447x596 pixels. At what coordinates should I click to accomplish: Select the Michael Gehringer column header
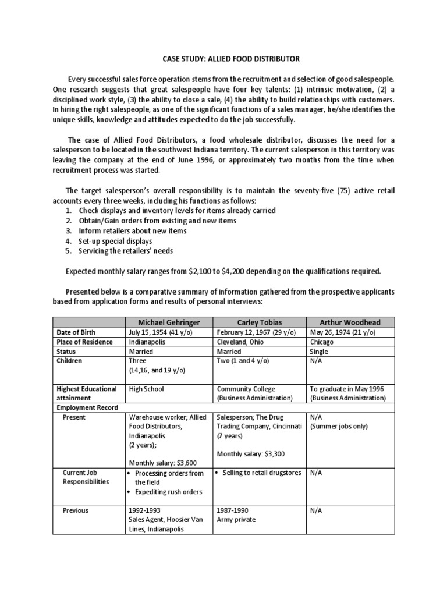169,322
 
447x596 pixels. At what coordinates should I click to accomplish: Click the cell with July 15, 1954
161,332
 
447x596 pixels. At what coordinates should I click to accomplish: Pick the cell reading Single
320,352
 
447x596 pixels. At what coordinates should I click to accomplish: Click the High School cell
147,389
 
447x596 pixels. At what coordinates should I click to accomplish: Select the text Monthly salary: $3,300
250,454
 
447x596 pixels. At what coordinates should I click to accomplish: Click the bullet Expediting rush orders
168,492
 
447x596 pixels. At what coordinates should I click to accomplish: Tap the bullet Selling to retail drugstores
262,473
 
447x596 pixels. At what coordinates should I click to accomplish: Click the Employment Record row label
87,407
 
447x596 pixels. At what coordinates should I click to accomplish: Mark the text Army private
237,520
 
